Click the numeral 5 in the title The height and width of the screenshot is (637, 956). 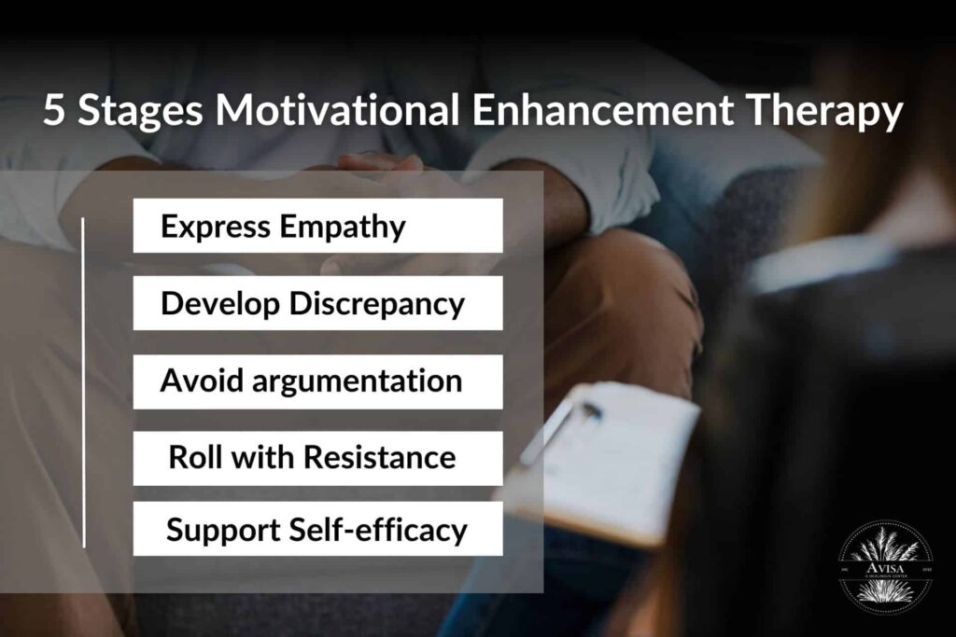tap(54, 112)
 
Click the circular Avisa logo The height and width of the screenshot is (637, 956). tap(884, 566)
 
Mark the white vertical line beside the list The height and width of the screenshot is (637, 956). tap(84, 382)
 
